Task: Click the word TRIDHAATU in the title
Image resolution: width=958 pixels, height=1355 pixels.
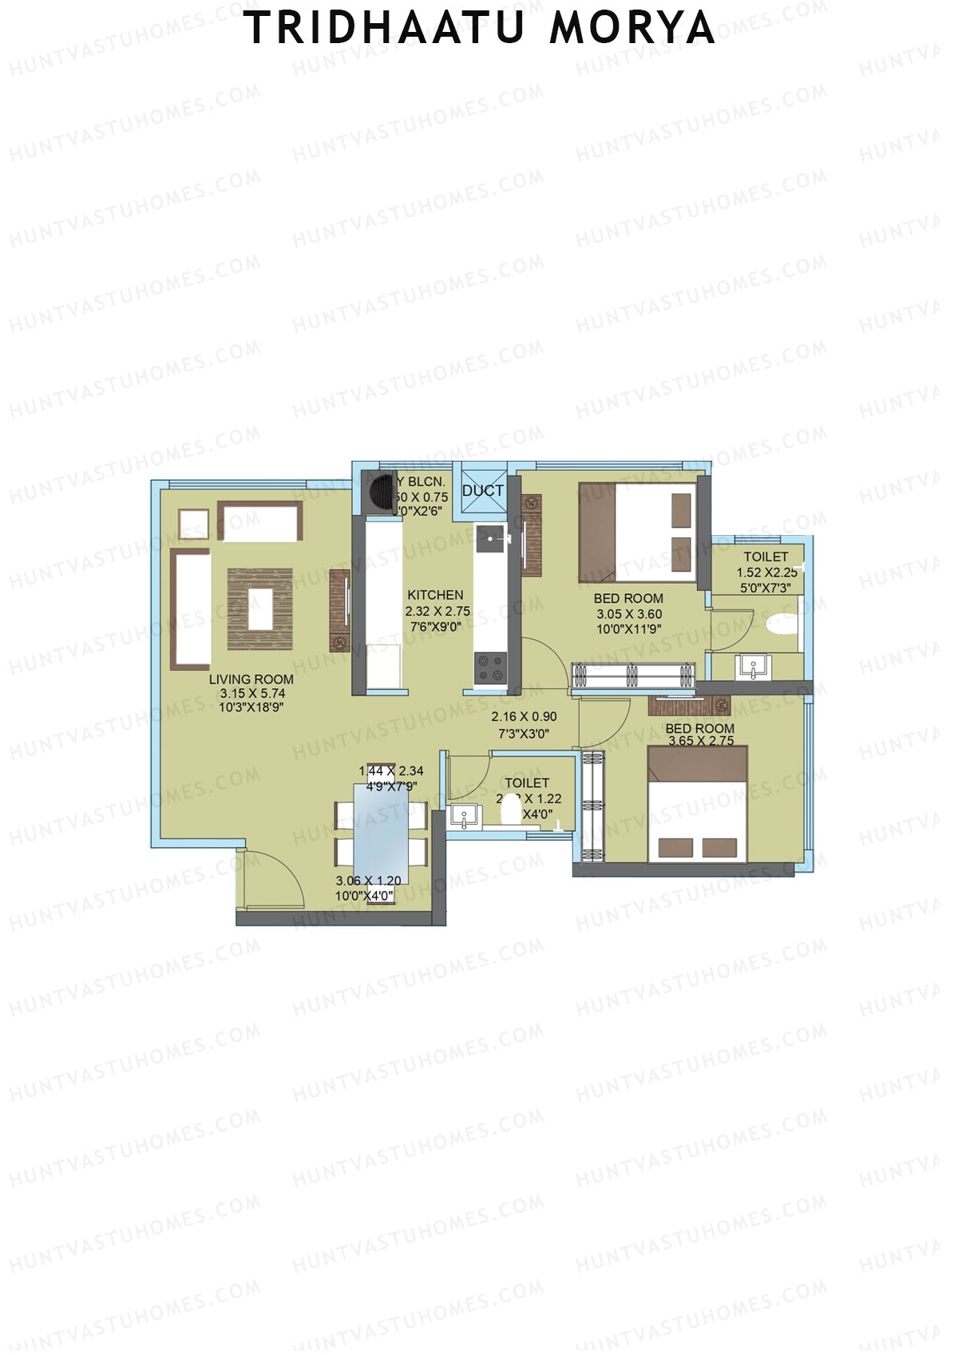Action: [x=383, y=29]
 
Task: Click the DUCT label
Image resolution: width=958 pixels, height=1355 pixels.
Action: [x=483, y=490]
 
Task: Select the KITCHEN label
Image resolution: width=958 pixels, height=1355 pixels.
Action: [x=435, y=595]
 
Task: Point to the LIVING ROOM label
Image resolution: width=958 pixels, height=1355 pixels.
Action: [x=251, y=679]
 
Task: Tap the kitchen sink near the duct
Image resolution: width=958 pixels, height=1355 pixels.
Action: [x=489, y=540]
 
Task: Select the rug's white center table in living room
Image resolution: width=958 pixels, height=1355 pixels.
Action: [x=260, y=609]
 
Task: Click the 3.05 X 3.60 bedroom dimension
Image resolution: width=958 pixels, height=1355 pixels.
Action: [x=628, y=614]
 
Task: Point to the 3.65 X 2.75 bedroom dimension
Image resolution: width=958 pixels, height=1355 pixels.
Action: [x=701, y=740]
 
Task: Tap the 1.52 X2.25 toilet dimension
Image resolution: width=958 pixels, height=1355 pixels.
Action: [x=766, y=573]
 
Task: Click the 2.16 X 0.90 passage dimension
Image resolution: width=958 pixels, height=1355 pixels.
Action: [x=524, y=717]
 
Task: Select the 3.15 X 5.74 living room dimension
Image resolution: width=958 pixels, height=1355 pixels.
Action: [x=252, y=694]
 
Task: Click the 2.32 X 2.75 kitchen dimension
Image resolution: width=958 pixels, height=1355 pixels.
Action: [x=437, y=611]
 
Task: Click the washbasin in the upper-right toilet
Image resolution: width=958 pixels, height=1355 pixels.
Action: [x=752, y=666]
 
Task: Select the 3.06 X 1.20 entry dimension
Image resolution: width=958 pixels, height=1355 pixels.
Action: [x=368, y=881]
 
